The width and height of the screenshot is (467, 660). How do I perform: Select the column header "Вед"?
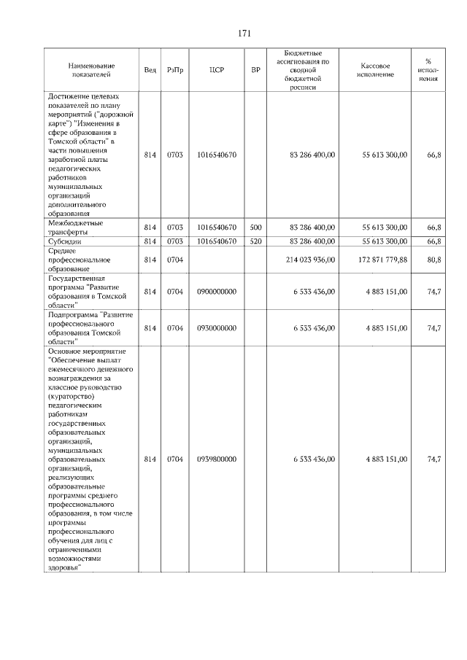coord(150,70)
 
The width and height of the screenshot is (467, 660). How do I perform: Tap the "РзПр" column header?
coord(175,70)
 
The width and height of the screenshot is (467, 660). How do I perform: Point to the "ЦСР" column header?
coord(216,70)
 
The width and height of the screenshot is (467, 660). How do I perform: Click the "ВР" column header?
coord(255,70)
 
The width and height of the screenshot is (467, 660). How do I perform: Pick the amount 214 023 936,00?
coord(312,259)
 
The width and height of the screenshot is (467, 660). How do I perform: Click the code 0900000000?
coord(216,292)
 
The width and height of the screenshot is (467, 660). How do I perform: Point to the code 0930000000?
coord(216,328)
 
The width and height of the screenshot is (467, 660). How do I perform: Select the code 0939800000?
coord(216,459)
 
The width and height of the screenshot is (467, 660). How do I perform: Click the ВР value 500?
coord(255,228)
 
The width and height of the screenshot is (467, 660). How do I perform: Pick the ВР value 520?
coord(255,241)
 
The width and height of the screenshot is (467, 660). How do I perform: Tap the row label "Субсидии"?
coord(64,241)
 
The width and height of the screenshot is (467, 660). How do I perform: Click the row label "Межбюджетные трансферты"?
coord(75,228)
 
